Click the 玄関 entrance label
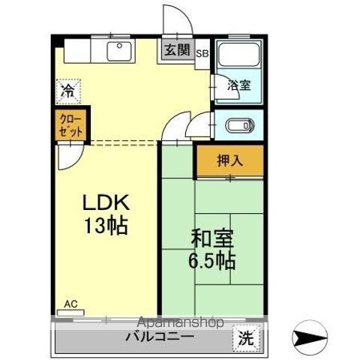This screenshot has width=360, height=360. [176, 52]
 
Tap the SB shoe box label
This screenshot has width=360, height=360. [202, 53]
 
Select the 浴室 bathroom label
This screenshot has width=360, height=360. [239, 86]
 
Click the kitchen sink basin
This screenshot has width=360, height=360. [118, 51]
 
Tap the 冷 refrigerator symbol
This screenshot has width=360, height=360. [68, 91]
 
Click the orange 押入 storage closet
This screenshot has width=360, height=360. [230, 159]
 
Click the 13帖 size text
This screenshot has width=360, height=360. [106, 224]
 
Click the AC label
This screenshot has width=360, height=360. [70, 304]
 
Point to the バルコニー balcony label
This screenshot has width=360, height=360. [160, 337]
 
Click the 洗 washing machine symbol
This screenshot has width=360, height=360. [245, 338]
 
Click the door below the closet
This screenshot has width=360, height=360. [66, 156]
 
